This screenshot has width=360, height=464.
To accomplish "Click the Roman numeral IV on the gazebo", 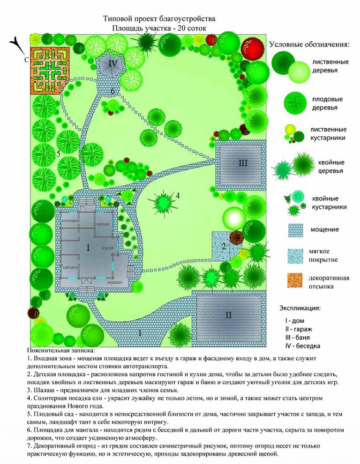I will (112, 63).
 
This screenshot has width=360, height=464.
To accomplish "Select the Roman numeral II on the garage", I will (228, 315).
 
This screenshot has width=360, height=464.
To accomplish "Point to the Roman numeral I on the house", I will (88, 247).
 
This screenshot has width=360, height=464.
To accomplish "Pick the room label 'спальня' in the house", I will (102, 224).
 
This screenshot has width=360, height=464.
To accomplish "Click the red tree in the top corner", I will (253, 48).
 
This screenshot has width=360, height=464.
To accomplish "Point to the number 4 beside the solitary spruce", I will (178, 195).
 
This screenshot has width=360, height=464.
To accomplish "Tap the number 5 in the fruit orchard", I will (59, 154).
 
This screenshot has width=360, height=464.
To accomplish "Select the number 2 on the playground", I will (224, 246).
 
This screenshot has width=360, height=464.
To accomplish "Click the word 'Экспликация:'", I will (300, 309).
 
